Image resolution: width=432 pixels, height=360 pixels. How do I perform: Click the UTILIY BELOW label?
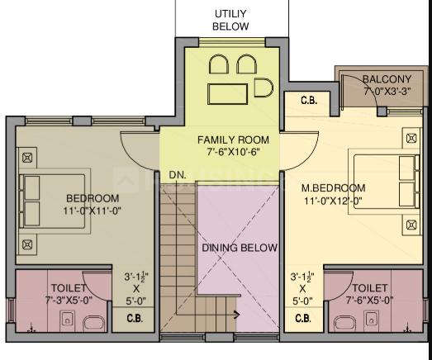(x=230, y=20)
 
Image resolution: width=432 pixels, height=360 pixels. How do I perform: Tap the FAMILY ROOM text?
(x=233, y=140)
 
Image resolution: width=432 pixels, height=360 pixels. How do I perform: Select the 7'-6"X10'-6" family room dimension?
(x=234, y=152)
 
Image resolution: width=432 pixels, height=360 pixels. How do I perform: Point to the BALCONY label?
(x=387, y=79)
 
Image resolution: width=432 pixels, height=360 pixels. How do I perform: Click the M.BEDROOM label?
(x=334, y=188)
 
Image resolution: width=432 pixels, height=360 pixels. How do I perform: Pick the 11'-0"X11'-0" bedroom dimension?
(x=93, y=211)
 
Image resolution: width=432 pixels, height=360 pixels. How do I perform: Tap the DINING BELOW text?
(x=240, y=248)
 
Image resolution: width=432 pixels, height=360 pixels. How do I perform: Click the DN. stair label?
(x=178, y=175)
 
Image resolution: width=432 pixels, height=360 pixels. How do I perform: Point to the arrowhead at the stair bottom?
(x=237, y=315)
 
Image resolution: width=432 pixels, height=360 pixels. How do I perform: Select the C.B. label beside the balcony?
(x=309, y=100)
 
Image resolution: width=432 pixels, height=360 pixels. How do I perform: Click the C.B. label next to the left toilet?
(x=135, y=319)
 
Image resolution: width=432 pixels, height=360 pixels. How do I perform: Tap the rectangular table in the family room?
(x=228, y=94)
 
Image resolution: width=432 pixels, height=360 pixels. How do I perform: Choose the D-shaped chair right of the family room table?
(x=263, y=88)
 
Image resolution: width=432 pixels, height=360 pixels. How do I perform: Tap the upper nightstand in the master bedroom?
(x=411, y=138)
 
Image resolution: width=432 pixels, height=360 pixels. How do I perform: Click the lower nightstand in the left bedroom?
(x=27, y=244)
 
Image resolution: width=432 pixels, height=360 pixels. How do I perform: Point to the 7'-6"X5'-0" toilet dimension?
(x=370, y=300)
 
